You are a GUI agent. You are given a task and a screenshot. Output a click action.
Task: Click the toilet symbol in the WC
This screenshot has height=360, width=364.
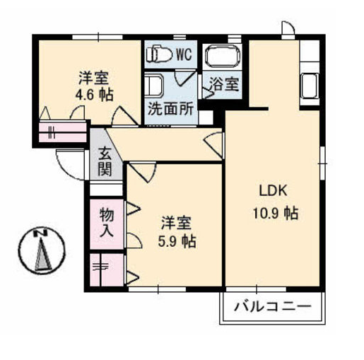point(159,54)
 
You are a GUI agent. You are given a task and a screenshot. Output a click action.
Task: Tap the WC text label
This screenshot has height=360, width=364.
point(184,54)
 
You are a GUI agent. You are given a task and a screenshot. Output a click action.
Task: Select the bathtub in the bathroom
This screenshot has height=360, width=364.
point(223,57)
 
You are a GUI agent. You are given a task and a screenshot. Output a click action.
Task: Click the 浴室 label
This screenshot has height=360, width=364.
point(224,83)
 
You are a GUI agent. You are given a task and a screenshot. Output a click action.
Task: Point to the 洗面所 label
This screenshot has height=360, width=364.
point(170,109)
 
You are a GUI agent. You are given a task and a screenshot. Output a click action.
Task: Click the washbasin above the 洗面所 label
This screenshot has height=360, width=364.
point(154,85)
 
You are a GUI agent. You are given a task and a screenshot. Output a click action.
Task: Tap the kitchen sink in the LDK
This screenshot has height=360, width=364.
point(310,86)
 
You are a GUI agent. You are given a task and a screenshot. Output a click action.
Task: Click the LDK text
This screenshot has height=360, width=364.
point(274,190)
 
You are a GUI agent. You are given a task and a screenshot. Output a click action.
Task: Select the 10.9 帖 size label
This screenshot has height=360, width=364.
point(276,213)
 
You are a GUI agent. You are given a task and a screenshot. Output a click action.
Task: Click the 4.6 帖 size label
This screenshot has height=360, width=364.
point(94,95)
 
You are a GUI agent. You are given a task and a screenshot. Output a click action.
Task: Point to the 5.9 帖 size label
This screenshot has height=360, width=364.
point(177,241)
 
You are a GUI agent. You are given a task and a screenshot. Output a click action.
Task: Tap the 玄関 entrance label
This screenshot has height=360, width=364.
point(105,162)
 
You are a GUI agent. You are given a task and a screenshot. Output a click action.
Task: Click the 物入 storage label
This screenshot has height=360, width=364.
point(107,222)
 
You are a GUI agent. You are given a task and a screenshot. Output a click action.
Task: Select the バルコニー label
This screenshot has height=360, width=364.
point(273,307)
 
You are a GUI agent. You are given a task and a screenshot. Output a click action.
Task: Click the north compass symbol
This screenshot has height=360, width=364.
point(41,250)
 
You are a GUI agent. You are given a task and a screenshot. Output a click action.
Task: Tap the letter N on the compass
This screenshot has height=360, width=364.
point(40,233)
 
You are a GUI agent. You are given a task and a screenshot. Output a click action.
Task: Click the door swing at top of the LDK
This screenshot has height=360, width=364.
point(288,28)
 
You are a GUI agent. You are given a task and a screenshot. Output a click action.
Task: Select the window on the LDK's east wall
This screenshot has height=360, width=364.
point(322,163)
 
